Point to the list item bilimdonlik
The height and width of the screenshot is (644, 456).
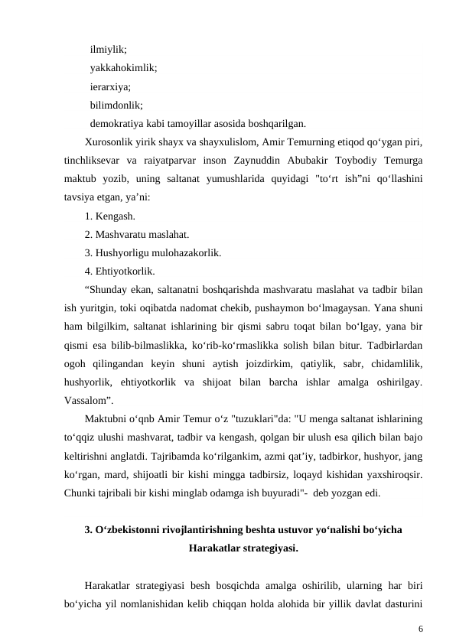click(x=116, y=105)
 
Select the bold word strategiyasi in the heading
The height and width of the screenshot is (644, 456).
click(x=269, y=548)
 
